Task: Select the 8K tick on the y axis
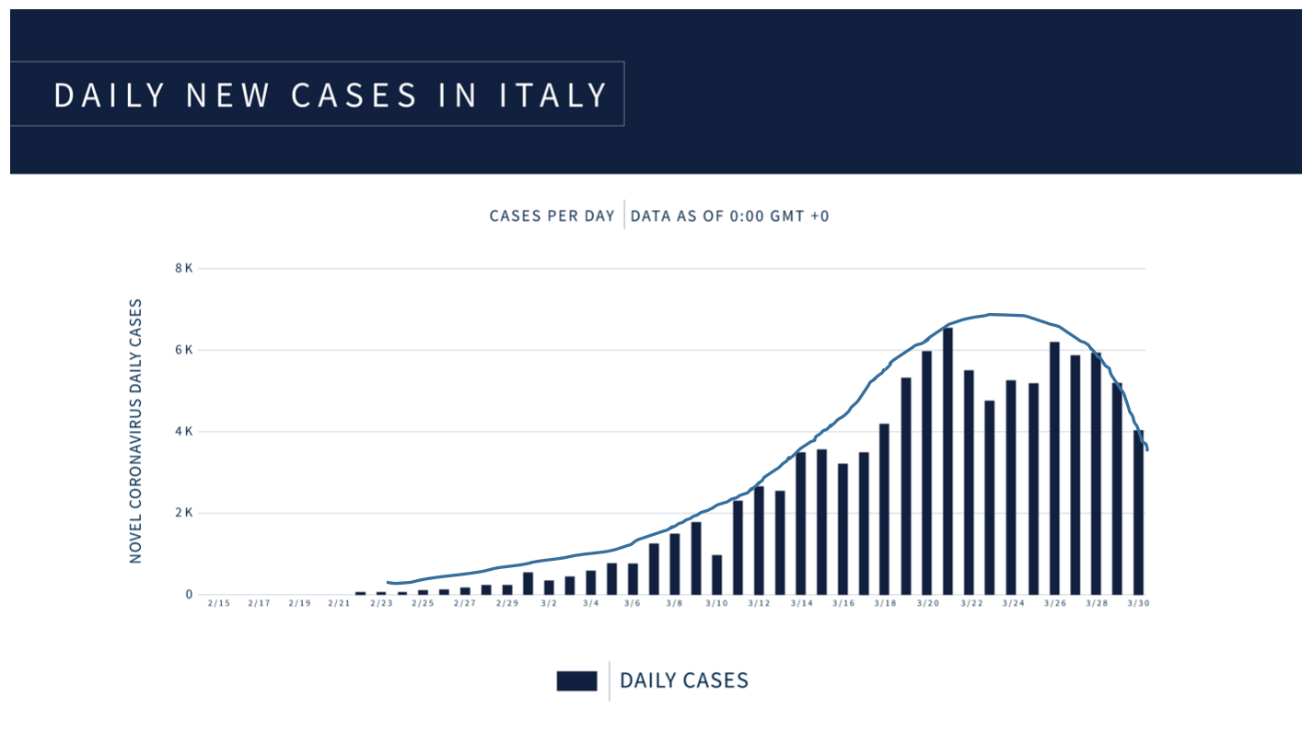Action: [182, 269]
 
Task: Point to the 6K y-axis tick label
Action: [182, 350]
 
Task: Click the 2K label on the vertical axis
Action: [182, 513]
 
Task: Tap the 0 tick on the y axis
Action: [188, 595]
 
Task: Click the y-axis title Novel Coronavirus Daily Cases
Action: [136, 431]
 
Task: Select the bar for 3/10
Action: [716, 575]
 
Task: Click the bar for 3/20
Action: [926, 472]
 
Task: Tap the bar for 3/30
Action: [1138, 512]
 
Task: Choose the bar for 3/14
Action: [801, 523]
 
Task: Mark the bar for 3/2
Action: [549, 587]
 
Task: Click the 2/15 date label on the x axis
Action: [218, 604]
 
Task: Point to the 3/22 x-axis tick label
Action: [970, 604]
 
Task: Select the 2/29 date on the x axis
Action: [506, 604]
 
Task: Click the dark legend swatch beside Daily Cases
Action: [576, 681]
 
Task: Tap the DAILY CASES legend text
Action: [683, 681]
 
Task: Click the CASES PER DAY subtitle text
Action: [552, 216]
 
